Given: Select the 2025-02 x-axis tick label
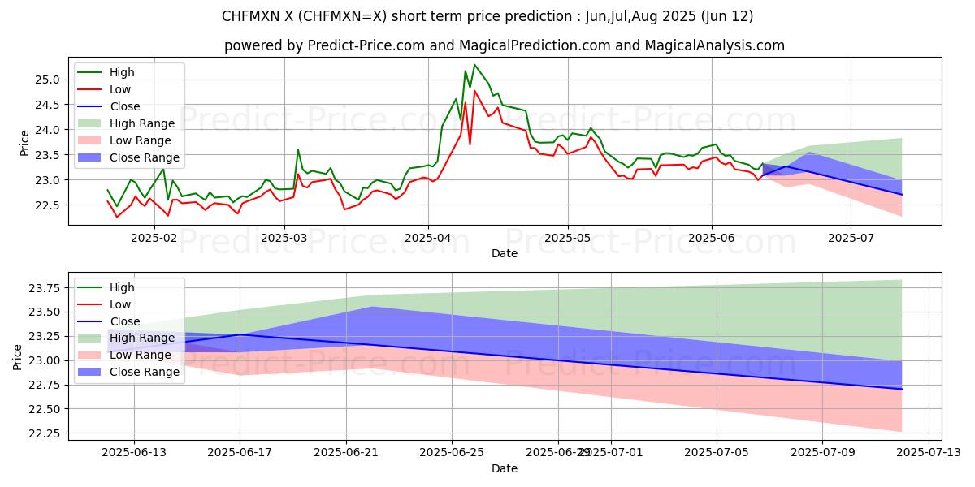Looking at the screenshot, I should click(x=154, y=237).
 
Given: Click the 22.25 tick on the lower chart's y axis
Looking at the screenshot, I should click(x=43, y=433).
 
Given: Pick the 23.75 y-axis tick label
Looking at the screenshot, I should click(x=43, y=288).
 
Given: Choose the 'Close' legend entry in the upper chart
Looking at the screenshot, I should click(x=124, y=106).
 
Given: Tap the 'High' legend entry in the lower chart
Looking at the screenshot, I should click(x=122, y=287).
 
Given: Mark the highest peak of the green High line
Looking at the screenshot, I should click(x=474, y=64).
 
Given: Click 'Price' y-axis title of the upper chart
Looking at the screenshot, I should click(x=24, y=143).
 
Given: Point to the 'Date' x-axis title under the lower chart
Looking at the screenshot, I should click(x=504, y=468).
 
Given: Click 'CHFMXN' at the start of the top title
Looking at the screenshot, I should click(x=247, y=16).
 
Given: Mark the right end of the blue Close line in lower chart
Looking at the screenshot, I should click(x=902, y=389).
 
